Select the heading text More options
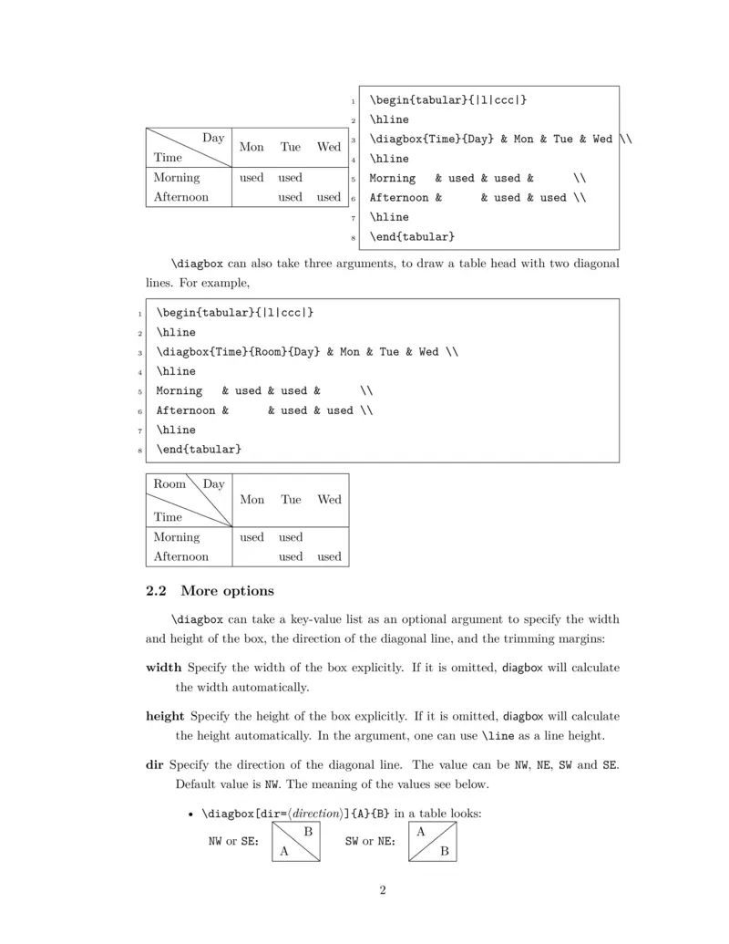click(227, 591)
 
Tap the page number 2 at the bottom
click(383, 890)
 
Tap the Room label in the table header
click(169, 484)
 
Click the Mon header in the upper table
click(252, 147)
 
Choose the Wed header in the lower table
click(329, 499)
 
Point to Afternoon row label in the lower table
click(180, 556)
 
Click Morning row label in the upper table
click(177, 178)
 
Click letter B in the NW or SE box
click(308, 832)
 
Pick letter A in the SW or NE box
click(420, 832)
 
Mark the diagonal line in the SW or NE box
click(433, 841)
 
